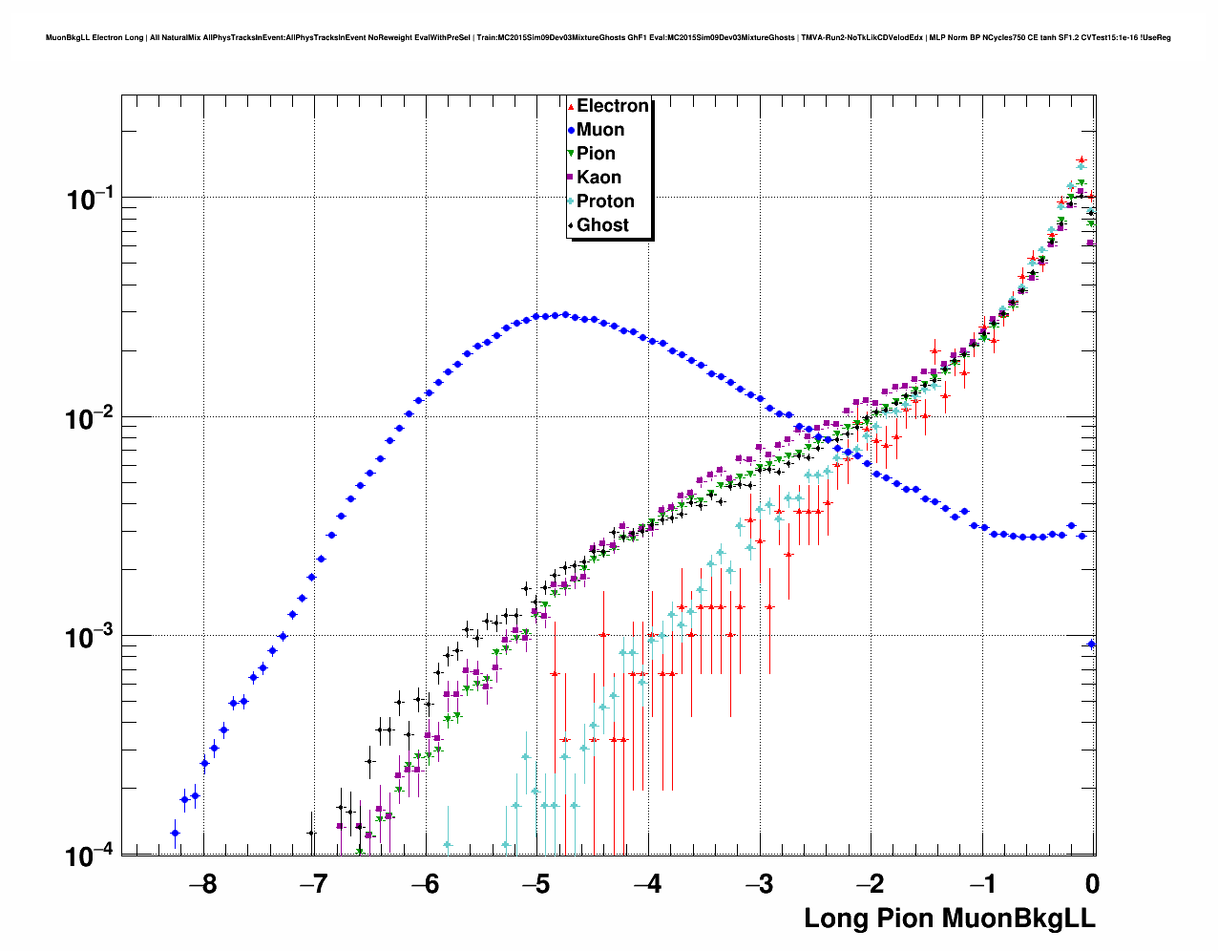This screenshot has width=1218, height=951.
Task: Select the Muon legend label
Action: (x=600, y=130)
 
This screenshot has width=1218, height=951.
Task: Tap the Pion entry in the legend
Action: (x=596, y=154)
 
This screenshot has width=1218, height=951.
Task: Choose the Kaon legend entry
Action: (x=598, y=178)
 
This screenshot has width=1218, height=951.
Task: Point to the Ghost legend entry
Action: (x=602, y=225)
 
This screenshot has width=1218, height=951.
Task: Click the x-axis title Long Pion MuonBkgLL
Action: (x=949, y=918)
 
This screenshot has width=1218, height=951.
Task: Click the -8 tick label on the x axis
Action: (x=202, y=883)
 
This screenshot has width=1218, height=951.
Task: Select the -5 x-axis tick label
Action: (x=535, y=883)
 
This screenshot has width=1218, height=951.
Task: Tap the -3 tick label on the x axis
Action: (x=758, y=883)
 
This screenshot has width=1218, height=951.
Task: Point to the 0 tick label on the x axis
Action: (x=1092, y=883)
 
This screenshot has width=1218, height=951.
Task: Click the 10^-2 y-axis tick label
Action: (x=91, y=418)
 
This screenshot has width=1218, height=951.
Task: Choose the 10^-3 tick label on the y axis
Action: (x=91, y=637)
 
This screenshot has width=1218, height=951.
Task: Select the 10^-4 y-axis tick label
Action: (x=91, y=856)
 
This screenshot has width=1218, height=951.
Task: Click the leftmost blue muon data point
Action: (x=175, y=833)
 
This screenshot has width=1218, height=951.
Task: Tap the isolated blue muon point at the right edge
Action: (x=1092, y=644)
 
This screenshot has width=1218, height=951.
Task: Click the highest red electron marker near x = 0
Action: (x=1081, y=160)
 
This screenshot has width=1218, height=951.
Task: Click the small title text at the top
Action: (x=608, y=38)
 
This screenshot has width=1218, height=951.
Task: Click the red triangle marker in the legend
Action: (x=571, y=106)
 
